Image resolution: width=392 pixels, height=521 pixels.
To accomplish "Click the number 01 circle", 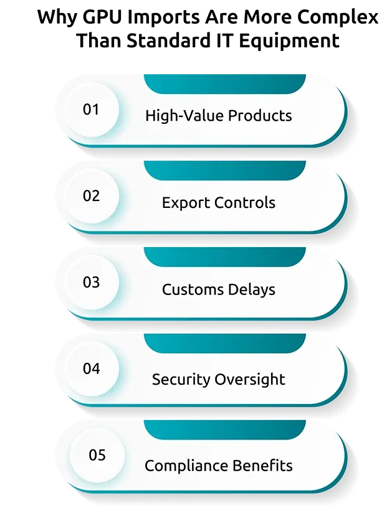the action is tap(91, 110).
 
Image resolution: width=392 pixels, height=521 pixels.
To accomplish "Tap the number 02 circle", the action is tap(91, 195).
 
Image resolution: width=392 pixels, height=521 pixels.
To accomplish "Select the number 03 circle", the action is tap(91, 282).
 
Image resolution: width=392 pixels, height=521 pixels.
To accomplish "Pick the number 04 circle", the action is tap(91, 368).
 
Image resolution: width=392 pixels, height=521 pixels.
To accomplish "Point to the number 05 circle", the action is tap(97, 455).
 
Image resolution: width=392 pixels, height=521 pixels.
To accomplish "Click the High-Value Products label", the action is tap(219, 116).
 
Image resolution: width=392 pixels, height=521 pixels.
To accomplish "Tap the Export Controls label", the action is tap(219, 203).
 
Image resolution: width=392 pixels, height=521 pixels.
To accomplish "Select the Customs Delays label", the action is tap(219, 289).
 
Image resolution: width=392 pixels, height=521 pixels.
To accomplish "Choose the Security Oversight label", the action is tap(219, 379).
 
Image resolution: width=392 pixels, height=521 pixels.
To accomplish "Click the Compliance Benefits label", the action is tap(219, 466).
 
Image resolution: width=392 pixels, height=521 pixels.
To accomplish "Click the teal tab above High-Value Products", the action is tap(224, 84).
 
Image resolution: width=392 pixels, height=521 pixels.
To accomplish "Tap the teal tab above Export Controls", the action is tap(224, 171).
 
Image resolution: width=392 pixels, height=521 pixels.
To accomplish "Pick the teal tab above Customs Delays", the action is tap(224, 257).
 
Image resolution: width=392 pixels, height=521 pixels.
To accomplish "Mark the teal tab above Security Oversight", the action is tap(224, 343).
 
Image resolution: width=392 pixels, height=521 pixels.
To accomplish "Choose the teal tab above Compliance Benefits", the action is tap(224, 429).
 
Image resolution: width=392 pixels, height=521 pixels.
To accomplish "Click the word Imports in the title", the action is tap(165, 18).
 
